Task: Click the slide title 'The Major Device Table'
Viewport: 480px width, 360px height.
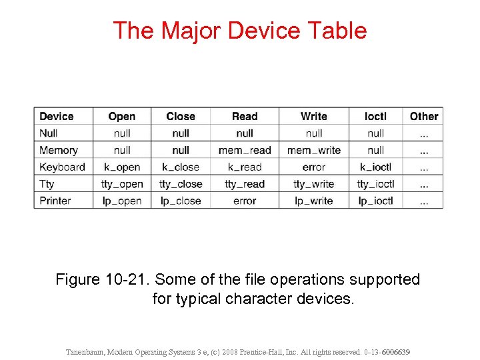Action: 239,31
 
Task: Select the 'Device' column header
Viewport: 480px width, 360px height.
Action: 57,116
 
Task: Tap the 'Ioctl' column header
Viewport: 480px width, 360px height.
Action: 375,116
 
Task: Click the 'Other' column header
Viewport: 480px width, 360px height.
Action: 424,116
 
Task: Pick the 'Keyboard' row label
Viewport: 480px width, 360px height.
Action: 62,167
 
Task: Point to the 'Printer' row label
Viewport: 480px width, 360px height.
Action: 55,201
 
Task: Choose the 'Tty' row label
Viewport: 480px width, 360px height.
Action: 47,184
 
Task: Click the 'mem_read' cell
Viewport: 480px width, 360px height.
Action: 245,151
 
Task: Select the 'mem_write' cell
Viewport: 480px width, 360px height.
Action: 313,151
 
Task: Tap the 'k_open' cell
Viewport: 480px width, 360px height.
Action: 122,167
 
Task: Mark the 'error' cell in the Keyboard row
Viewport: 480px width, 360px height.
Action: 313,167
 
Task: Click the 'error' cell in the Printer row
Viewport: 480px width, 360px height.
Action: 245,201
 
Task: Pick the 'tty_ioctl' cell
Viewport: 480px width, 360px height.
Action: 375,184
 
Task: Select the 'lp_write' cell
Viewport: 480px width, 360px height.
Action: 313,201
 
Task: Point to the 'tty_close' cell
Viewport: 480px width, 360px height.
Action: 181,184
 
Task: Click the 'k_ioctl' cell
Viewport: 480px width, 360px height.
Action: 375,167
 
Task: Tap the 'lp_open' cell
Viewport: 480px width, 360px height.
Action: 122,201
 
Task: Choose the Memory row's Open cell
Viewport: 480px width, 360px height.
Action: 122,151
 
